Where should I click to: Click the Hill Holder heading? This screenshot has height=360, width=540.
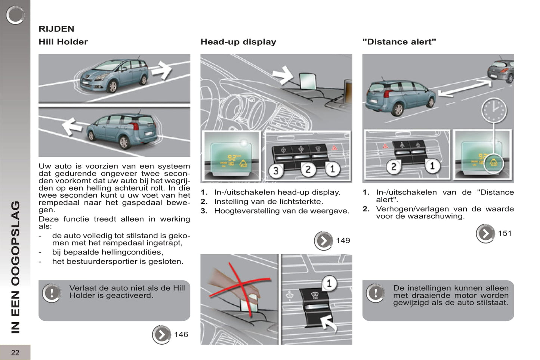pyautogui.click(x=63, y=42)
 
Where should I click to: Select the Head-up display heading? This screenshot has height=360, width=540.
pyautogui.click(x=238, y=42)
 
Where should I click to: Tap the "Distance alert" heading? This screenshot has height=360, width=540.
pyautogui.click(x=399, y=42)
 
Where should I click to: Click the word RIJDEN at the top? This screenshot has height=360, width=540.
pyautogui.click(x=56, y=29)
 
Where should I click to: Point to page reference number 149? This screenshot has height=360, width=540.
pyautogui.click(x=343, y=240)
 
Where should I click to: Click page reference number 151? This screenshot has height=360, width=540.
pyautogui.click(x=504, y=233)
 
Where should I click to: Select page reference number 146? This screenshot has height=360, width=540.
pyautogui.click(x=181, y=335)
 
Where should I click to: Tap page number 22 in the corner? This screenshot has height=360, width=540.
pyautogui.click(x=15, y=353)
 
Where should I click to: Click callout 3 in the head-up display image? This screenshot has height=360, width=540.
pyautogui.click(x=276, y=171)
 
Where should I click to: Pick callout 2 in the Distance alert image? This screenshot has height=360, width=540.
pyautogui.click(x=393, y=167)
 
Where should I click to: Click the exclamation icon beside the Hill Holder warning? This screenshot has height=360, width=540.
pyautogui.click(x=52, y=293)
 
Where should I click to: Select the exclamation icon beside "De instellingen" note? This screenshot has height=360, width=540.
pyautogui.click(x=375, y=293)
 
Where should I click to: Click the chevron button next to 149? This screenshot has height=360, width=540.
pyautogui.click(x=323, y=241)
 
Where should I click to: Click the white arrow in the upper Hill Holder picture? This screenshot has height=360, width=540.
pyautogui.click(x=161, y=70)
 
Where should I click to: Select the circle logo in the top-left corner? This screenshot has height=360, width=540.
pyautogui.click(x=15, y=15)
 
